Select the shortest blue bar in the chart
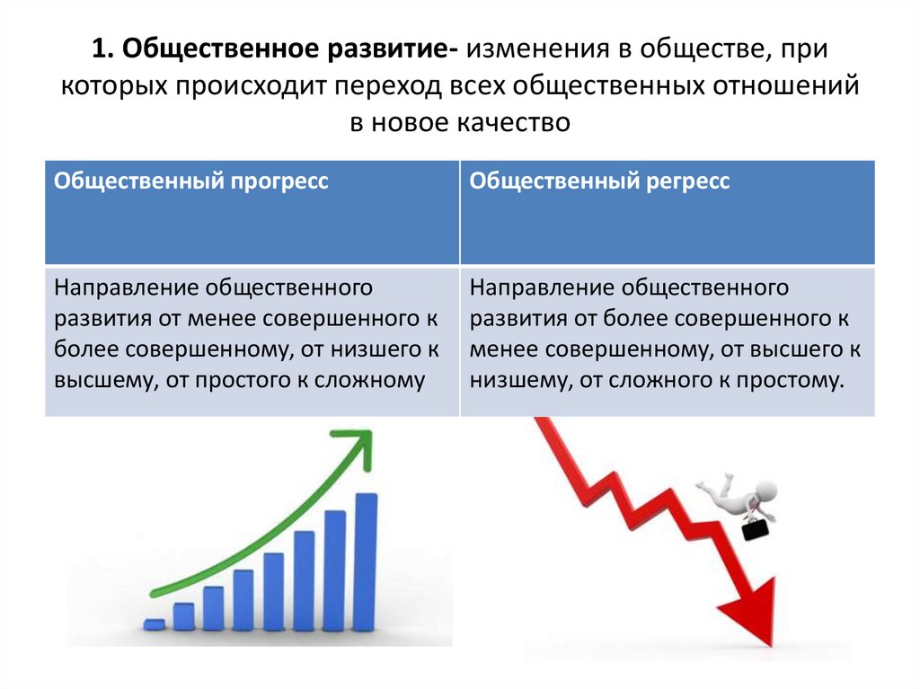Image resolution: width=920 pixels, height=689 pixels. click(154, 623)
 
